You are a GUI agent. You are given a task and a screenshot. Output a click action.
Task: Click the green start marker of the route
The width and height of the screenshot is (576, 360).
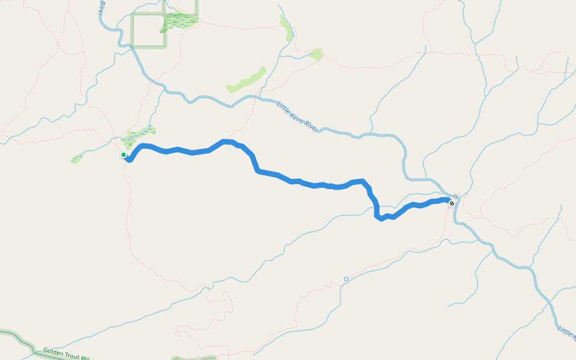pyautogui.click(x=124, y=155)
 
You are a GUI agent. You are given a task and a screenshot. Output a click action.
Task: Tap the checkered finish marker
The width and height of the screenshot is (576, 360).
pyautogui.click(x=452, y=203)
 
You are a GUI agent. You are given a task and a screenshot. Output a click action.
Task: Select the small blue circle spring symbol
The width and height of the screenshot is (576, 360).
pyautogui.click(x=346, y=279)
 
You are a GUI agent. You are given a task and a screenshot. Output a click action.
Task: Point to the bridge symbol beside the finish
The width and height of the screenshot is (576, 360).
pyautogui.click(x=456, y=196)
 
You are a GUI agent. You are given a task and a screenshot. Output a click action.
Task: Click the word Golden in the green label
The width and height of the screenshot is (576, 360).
pyautogui.click(x=53, y=351)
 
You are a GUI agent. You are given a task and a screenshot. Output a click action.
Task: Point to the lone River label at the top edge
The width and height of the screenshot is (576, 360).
pyautogui.click(x=102, y=5)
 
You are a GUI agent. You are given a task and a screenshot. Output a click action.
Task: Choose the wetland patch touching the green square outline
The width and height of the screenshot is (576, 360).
pyautogui.click(x=179, y=21)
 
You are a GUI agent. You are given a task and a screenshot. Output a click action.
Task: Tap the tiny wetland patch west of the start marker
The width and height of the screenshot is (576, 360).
pyautogui.click(x=77, y=159)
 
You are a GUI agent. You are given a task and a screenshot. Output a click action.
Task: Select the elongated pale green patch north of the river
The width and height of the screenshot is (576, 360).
pyautogui.click(x=247, y=80)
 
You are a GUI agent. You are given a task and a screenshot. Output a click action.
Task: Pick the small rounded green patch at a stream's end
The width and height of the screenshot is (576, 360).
pyautogui.click(x=316, y=55)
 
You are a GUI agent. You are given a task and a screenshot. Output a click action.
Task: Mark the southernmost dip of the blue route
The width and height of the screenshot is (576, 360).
pyautogui.click(x=380, y=218)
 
